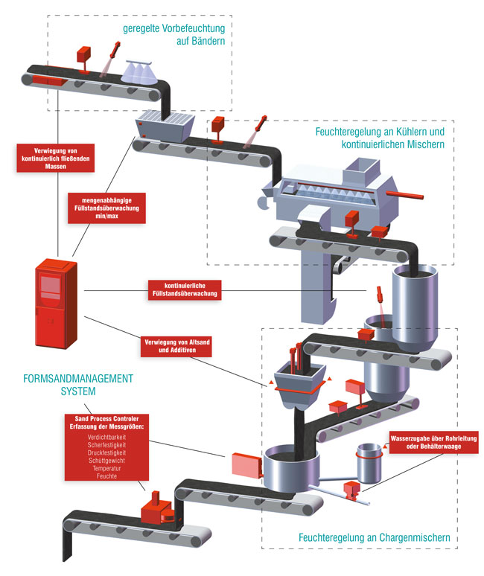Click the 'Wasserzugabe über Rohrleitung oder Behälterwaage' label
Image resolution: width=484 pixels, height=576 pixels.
point(433,444)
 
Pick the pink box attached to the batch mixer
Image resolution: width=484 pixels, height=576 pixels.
point(245,466)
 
